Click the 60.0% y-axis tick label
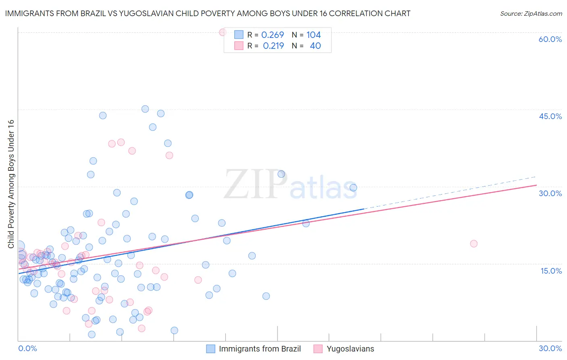[x=550, y=39]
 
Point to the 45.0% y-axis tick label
[x=550, y=116]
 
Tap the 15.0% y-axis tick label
[x=551, y=271]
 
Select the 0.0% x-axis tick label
[x=27, y=348]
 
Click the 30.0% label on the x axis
[x=550, y=348]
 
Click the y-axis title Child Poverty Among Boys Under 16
[x=11, y=184]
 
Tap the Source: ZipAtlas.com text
[x=531, y=13]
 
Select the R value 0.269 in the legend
[x=273, y=35]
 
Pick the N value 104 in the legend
[x=313, y=35]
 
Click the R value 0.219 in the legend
[x=273, y=46]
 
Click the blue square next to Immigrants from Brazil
[x=211, y=349]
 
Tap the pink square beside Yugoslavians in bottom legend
[x=318, y=349]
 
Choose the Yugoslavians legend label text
[x=350, y=349]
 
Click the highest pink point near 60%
[x=223, y=32]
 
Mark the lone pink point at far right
[x=474, y=244]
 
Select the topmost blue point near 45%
[x=145, y=109]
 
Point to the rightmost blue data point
[x=353, y=188]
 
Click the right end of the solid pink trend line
[x=536, y=185]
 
